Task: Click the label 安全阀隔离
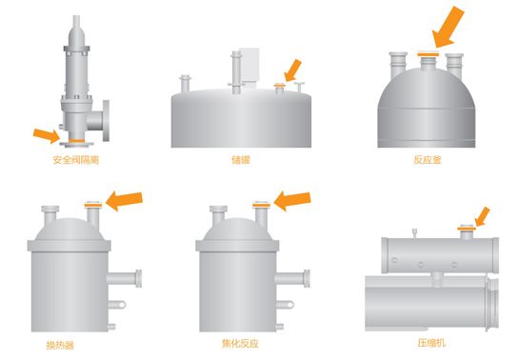pyautogui.click(x=76, y=160)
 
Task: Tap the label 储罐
pyautogui.click(x=241, y=160)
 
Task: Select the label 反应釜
pyautogui.click(x=428, y=160)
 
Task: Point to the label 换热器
pyautogui.click(x=60, y=346)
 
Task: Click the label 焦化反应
pyautogui.click(x=240, y=344)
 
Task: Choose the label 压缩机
pyautogui.click(x=431, y=343)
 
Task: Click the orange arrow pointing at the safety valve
pyautogui.click(x=47, y=135)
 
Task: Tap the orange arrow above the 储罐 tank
pyautogui.click(x=293, y=70)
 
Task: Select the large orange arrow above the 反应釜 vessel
pyautogui.click(x=449, y=27)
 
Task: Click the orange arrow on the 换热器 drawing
pyautogui.click(x=124, y=201)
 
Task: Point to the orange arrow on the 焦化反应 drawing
pyautogui.click(x=292, y=201)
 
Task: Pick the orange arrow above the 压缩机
pyautogui.click(x=482, y=217)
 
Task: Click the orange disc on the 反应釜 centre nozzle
pyautogui.click(x=428, y=54)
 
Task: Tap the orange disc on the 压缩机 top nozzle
pyautogui.click(x=467, y=229)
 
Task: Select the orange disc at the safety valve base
pyautogui.click(x=76, y=141)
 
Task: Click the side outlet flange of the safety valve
pyautogui.click(x=106, y=121)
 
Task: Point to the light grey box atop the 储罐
pyautogui.click(x=249, y=65)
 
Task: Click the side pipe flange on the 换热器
pyautogui.click(x=139, y=278)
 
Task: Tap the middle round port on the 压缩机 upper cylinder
pyautogui.click(x=420, y=265)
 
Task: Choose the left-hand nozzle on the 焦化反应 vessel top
pyautogui.click(x=218, y=214)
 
